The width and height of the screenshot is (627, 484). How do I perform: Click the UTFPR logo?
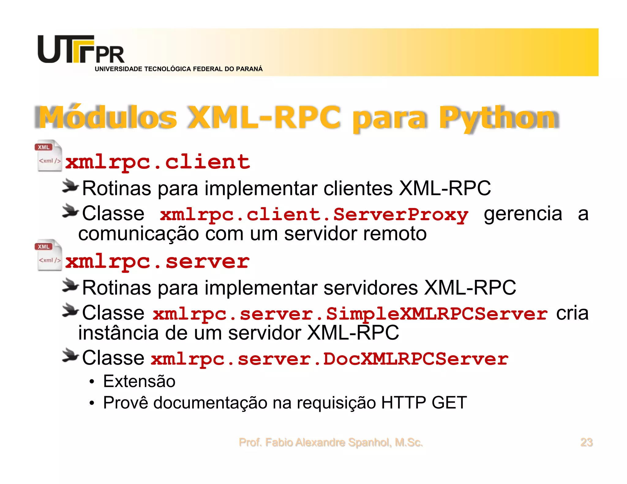81,50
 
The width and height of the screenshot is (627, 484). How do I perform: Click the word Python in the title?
499,117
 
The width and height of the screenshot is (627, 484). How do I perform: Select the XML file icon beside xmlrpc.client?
48,156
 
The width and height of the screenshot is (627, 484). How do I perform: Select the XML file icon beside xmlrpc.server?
48,255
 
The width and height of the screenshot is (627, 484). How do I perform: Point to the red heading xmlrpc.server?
158,261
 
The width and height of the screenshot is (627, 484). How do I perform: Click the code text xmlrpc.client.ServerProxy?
314,214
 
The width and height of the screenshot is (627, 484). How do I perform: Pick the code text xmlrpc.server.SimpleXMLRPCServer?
350,314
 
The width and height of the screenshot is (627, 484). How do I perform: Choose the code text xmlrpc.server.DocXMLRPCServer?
329,359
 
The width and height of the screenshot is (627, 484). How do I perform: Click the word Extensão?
139,381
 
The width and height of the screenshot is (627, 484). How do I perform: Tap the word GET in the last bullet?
449,403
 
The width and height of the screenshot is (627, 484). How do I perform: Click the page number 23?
586,442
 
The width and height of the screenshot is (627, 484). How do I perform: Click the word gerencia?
523,214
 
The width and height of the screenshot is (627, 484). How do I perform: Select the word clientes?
358,188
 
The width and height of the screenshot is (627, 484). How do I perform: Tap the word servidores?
371,288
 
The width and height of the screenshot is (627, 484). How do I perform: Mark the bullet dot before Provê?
92,403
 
